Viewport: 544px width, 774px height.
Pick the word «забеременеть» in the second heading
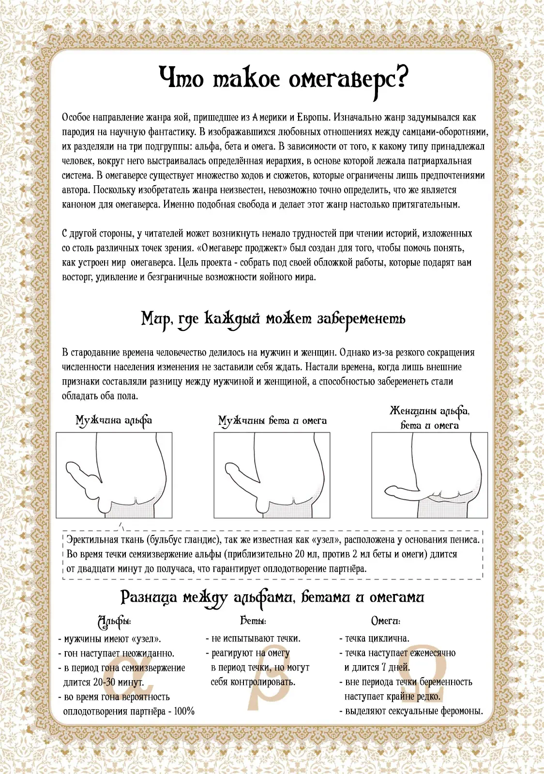pyautogui.click(x=361, y=319)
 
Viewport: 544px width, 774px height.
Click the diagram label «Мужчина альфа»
pyautogui.click(x=114, y=420)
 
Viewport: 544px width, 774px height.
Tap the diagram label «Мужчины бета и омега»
pyautogui.click(x=272, y=420)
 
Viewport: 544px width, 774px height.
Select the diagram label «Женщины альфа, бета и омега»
pyautogui.click(x=429, y=418)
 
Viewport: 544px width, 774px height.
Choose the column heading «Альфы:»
pyautogui.click(x=114, y=621)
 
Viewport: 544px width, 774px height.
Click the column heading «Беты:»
pyautogui.click(x=253, y=621)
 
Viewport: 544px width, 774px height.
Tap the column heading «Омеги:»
pyautogui.click(x=385, y=621)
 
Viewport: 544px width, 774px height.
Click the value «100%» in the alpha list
pyautogui.click(x=184, y=712)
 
